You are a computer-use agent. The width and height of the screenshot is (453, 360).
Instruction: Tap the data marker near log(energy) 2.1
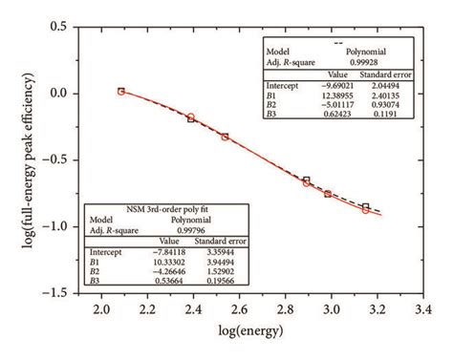pyautogui.click(x=121, y=92)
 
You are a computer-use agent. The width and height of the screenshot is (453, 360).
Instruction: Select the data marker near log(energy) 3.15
pyautogui.click(x=365, y=208)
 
